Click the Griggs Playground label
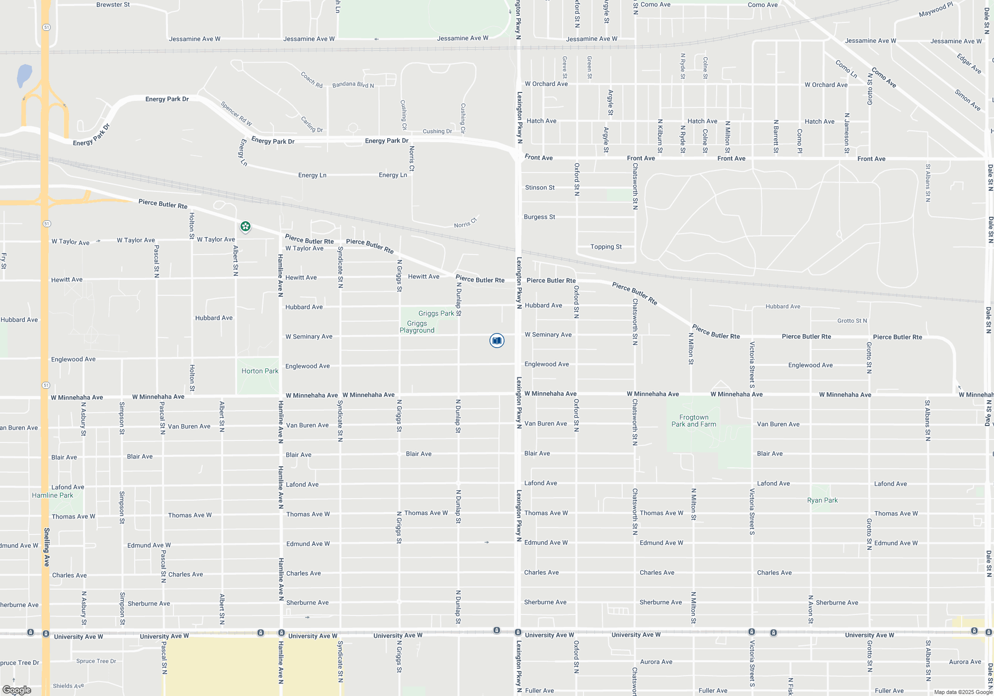[417, 327]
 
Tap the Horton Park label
[259, 371]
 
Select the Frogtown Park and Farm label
[694, 421]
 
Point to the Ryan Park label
[822, 500]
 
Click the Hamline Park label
[52, 495]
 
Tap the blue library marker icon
[497, 341]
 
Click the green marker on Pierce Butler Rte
[245, 227]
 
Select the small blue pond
[24, 76]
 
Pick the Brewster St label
[113, 4]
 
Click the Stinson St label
[540, 187]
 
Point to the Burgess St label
[539, 217]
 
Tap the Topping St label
[606, 247]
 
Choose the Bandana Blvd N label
[353, 85]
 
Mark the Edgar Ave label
[969, 64]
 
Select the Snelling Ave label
[46, 547]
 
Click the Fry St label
[3, 261]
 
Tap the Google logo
[17, 690]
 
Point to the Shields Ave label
[68, 686]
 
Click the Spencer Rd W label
[236, 114]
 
